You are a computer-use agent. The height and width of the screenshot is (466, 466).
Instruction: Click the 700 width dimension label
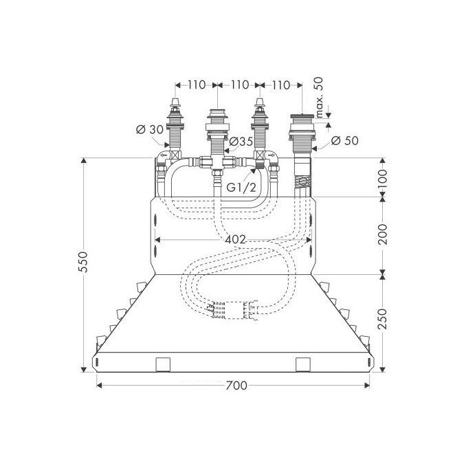(x=236, y=386)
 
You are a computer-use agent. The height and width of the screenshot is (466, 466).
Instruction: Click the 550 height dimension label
(x=84, y=262)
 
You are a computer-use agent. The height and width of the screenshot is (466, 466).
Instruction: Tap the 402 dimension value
(x=235, y=239)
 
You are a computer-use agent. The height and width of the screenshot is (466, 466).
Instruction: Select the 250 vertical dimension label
(x=382, y=319)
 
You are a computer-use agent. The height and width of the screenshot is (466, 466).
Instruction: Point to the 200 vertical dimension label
(x=382, y=234)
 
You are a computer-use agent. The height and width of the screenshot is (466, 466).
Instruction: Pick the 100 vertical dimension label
(x=382, y=178)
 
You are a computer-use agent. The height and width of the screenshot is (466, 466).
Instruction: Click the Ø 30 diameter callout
(x=150, y=130)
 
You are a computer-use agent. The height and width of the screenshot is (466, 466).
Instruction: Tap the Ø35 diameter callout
(x=241, y=142)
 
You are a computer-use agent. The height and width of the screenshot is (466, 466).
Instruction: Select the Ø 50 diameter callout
(x=345, y=141)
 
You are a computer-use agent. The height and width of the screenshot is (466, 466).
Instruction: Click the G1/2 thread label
(x=241, y=188)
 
